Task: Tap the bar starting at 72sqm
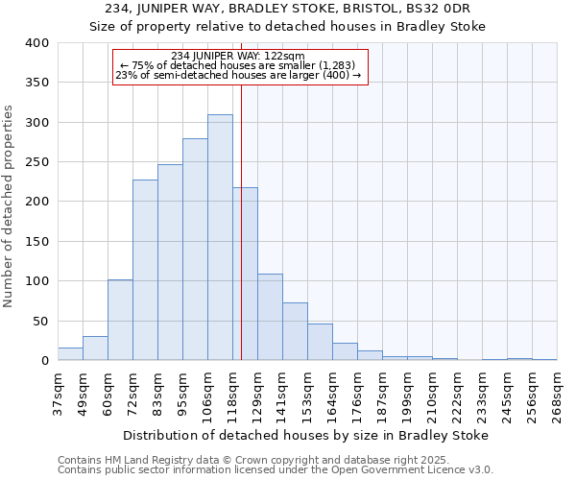[x=145, y=270]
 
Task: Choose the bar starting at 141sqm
[x=295, y=331]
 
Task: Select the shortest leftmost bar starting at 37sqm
[x=70, y=354]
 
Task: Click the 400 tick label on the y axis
[x=36, y=43]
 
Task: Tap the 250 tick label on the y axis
[x=36, y=162]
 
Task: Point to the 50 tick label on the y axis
[x=40, y=322]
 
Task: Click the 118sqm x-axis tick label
[x=233, y=394]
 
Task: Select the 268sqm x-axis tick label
[x=558, y=394]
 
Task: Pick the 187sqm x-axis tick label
[x=383, y=394]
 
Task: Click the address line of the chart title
[x=288, y=9]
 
